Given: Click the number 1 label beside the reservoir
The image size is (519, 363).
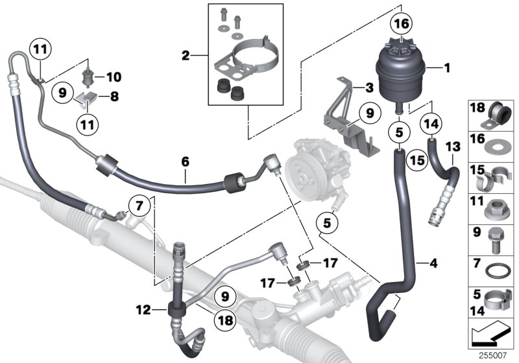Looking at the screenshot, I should [x=446, y=67].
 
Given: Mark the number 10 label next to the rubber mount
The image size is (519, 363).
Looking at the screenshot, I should [x=114, y=77].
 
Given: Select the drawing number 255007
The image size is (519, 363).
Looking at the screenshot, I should [x=500, y=355].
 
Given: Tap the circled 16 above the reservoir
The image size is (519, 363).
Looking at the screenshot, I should [x=399, y=25].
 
